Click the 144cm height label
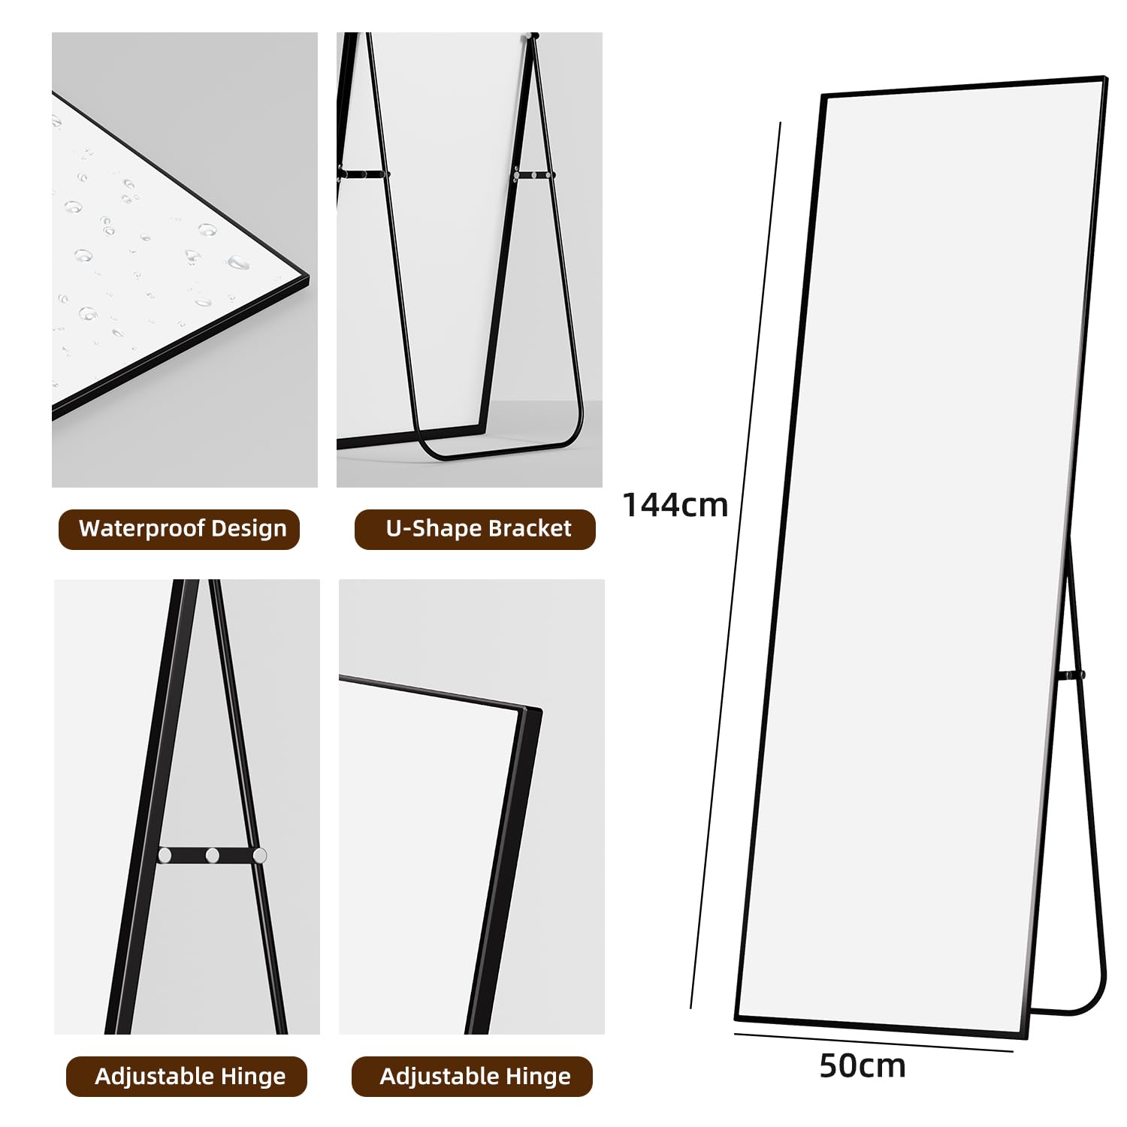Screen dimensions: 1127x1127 [x=675, y=505]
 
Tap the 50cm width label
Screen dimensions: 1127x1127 [x=862, y=1066]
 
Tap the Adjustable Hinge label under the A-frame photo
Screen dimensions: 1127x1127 [x=189, y=1076]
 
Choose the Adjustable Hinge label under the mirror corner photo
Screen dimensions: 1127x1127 [x=475, y=1076]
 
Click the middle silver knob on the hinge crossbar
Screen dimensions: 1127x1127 [x=213, y=855]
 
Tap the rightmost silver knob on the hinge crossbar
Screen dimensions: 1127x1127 [x=259, y=855]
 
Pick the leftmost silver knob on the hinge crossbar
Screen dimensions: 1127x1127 [x=165, y=854]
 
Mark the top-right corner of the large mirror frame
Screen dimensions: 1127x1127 [x=1104, y=78]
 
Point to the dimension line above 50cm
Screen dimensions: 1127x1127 [x=872, y=1043]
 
